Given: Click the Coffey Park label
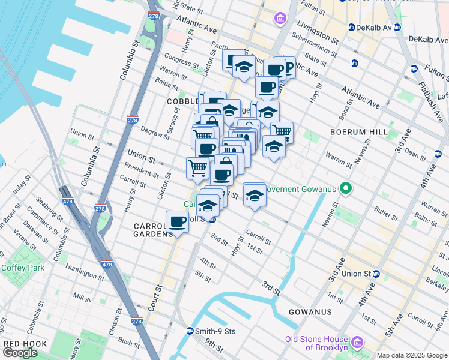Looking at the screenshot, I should pos(20,268).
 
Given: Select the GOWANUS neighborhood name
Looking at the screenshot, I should pos(310,312).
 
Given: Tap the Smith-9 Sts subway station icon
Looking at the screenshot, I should pos(190,331).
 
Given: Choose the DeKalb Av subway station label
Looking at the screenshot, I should pos(374,28).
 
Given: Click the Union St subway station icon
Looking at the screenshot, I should pos(376,274).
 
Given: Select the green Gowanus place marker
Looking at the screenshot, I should pos(345,190).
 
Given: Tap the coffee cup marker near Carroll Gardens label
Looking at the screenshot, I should pos(177,222).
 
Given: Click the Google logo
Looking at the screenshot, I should pos(20,353).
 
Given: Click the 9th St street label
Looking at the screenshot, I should pos(214,346).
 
